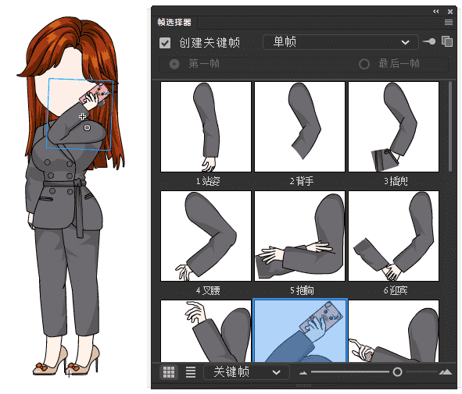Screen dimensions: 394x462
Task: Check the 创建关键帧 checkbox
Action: tap(165, 44)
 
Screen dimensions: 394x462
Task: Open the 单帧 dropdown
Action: tap(338, 42)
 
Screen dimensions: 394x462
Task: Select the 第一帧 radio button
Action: tap(174, 64)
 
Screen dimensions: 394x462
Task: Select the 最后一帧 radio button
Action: tap(364, 64)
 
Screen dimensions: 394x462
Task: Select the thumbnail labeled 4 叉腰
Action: tap(206, 236)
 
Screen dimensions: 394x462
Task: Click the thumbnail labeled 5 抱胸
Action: tap(299, 236)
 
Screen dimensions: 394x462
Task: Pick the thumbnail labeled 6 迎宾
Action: tap(393, 236)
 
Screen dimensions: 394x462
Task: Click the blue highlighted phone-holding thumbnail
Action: tap(299, 332)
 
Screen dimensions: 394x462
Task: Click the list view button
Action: tap(191, 372)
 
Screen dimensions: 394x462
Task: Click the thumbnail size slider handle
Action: tap(397, 372)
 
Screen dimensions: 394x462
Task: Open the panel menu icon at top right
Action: tap(448, 23)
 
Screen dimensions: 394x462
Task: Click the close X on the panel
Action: tap(450, 12)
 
